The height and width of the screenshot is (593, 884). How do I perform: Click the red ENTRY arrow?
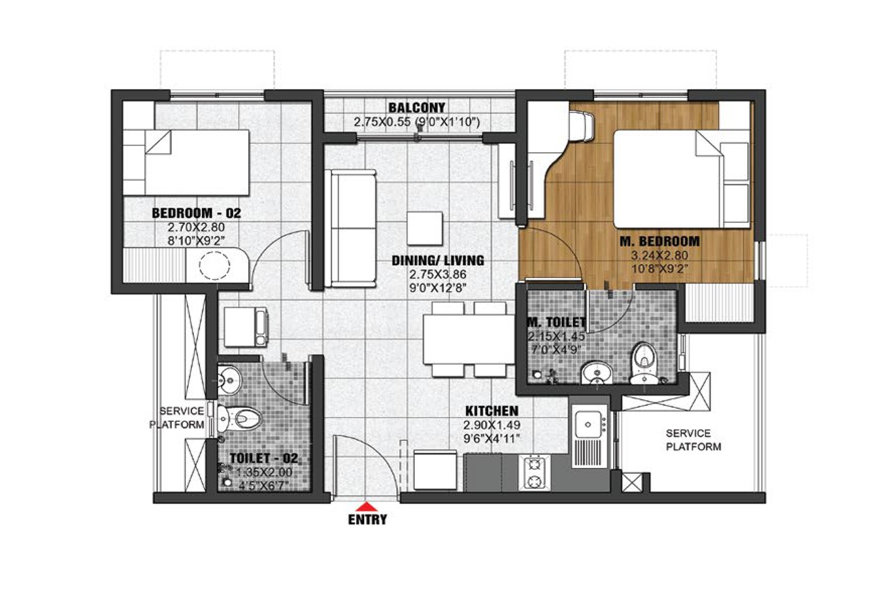tap(367, 506)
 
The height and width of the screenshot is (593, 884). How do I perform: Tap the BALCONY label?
tap(417, 107)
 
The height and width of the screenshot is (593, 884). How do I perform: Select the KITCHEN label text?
tap(492, 411)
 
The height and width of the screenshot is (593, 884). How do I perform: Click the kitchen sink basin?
tap(588, 424)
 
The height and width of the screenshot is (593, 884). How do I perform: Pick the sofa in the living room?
tap(350, 229)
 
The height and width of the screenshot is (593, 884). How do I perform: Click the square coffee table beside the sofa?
tap(424, 229)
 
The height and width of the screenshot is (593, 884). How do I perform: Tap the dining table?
tap(469, 339)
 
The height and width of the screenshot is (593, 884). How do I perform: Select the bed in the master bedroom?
tap(681, 179)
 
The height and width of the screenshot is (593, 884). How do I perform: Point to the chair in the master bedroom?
tap(581, 126)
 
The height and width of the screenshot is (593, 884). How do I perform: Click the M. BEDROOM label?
tap(659, 241)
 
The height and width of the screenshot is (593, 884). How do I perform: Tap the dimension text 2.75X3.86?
tap(438, 274)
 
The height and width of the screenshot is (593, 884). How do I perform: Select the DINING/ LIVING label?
tap(438, 261)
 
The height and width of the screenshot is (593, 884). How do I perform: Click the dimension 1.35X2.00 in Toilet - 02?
tap(264, 472)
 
